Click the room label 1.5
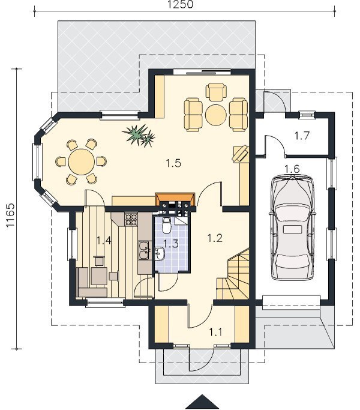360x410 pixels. (173, 163)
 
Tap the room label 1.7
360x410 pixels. (302, 136)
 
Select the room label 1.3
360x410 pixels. (171, 244)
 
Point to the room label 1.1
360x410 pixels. (215, 332)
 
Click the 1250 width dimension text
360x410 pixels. (181, 4)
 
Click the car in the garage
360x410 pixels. (292, 228)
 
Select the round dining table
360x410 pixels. (82, 162)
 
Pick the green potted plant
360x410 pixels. (139, 135)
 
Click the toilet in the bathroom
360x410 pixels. (166, 225)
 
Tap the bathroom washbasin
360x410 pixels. (159, 254)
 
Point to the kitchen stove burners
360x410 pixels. (131, 220)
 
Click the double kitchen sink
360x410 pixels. (143, 250)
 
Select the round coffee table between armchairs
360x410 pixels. (215, 115)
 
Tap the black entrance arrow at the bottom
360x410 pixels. (202, 402)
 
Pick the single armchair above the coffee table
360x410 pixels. (216, 92)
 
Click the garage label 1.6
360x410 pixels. (292, 169)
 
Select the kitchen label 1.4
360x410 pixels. (104, 240)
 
